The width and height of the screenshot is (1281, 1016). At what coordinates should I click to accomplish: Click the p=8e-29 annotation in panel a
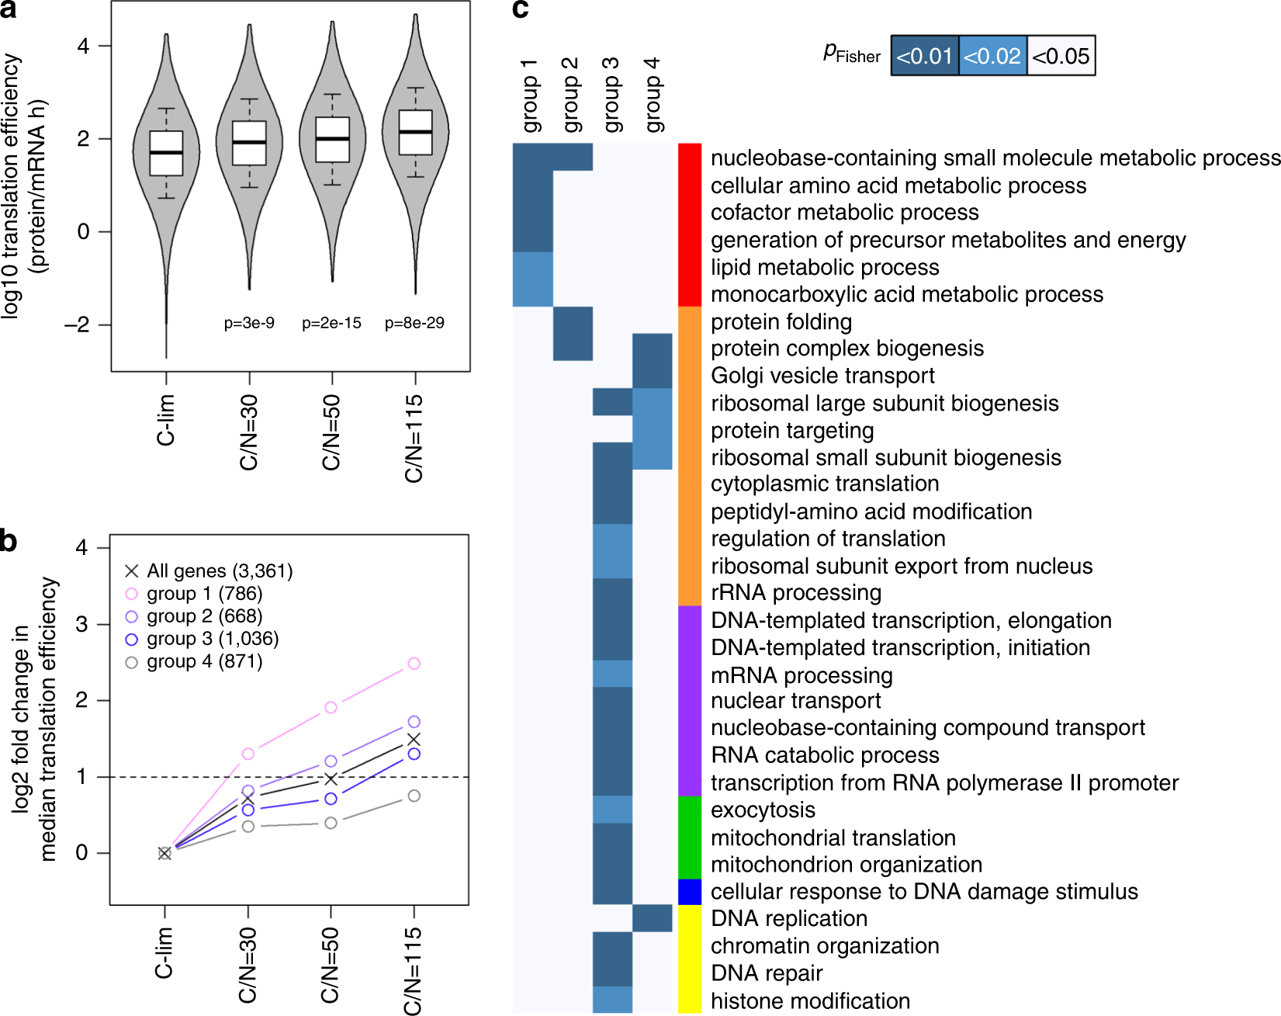coord(414,323)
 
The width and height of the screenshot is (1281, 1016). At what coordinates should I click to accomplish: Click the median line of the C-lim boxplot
coord(166,153)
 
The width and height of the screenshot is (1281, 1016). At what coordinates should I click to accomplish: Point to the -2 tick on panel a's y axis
coord(77,324)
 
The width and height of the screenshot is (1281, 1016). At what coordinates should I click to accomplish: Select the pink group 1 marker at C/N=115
coord(414,664)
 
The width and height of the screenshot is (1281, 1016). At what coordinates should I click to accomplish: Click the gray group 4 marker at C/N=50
coord(331,823)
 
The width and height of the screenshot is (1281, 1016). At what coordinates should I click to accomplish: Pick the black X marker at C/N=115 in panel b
coord(414,739)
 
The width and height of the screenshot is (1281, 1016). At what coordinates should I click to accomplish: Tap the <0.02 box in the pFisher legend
coord(992,56)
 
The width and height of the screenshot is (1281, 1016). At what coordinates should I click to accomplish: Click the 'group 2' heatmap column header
coord(571,95)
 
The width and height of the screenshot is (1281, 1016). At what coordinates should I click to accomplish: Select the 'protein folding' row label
coord(781,321)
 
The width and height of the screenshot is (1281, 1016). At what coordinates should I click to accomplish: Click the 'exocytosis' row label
coord(763,810)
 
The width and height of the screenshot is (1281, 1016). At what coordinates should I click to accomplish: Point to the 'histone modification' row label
coord(810,1000)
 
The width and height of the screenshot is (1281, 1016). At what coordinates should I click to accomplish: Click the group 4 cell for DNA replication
coord(653,918)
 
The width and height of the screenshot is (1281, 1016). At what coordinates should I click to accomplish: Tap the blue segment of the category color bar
coord(690,892)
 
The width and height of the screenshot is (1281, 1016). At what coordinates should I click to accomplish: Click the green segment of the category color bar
coord(690,837)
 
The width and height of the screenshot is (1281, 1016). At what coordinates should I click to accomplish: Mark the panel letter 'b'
coord(9,541)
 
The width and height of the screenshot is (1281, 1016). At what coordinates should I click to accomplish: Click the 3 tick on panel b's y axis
coord(81,624)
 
